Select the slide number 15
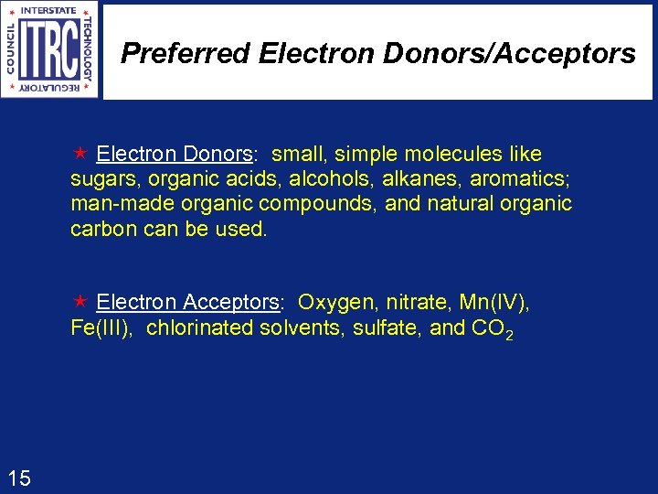click(x=19, y=477)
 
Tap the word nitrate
click(x=418, y=302)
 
